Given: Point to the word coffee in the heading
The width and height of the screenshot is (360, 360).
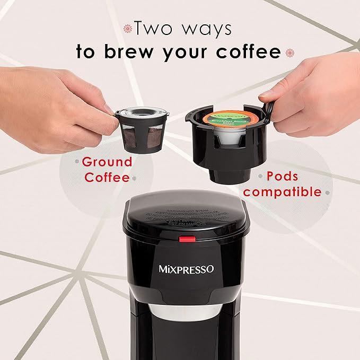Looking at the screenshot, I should tap(249, 52).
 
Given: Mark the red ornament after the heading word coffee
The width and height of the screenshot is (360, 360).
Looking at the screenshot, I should tap(289, 52).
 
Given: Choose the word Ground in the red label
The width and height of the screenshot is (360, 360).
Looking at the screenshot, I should tap(107, 161).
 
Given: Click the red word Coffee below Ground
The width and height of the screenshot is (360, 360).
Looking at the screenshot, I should tap(107, 177).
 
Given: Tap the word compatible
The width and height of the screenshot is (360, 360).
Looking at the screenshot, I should tap(282, 191).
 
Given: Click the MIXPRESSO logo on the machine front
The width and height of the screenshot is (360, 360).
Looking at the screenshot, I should tap(186, 269).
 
